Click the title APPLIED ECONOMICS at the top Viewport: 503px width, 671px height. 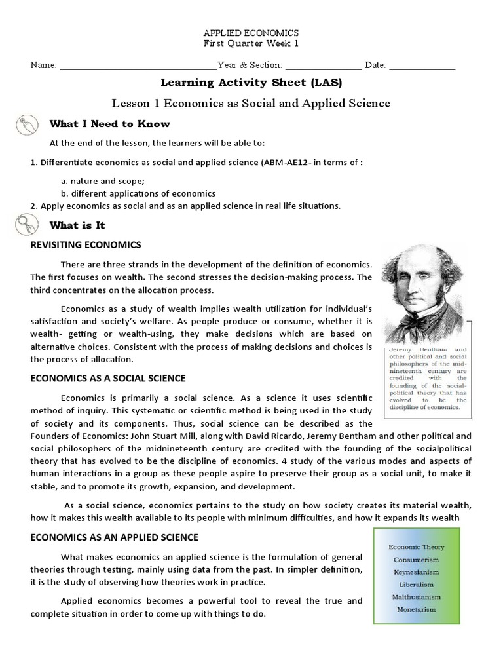click(x=251, y=33)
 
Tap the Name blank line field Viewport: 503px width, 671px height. click(x=138, y=66)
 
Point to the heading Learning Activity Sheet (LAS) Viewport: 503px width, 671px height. click(x=251, y=83)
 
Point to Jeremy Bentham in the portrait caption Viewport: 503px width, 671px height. click(x=405, y=350)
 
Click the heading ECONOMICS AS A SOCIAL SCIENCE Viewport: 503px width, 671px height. click(x=108, y=378)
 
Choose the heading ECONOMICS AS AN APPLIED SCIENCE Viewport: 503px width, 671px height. click(x=115, y=537)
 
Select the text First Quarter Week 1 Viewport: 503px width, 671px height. click(x=251, y=43)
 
